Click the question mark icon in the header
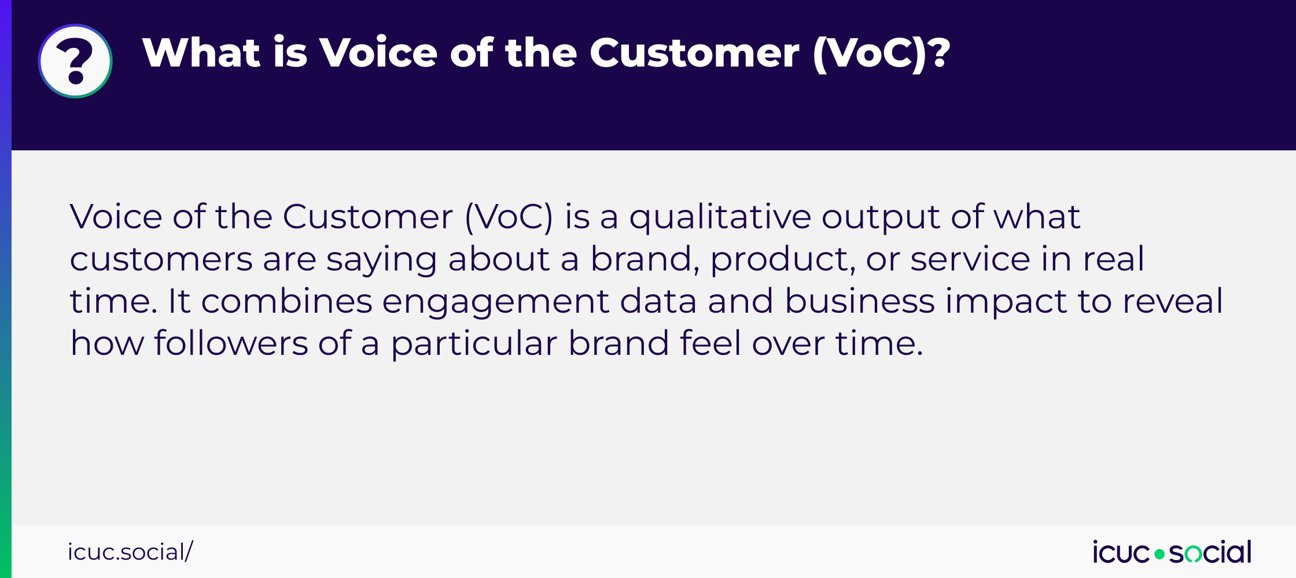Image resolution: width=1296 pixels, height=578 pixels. point(75,61)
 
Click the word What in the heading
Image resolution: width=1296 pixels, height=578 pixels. point(202,53)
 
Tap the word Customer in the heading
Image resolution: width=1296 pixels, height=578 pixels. point(694,53)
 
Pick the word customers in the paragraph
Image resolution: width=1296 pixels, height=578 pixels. point(161,260)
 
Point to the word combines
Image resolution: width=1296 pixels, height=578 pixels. point(287,301)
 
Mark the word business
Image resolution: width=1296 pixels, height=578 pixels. point(860,301)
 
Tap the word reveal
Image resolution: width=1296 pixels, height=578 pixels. point(1173,301)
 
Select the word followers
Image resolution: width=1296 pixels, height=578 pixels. point(231,343)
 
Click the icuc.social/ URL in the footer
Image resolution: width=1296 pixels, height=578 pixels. point(130,552)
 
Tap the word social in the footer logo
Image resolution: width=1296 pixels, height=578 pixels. point(1210,552)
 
